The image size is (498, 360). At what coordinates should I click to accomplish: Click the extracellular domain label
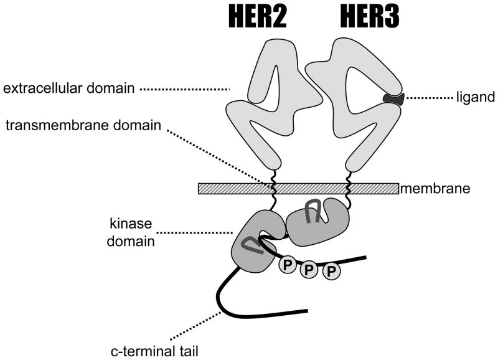click(68, 88)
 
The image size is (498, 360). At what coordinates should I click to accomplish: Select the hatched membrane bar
click(298, 188)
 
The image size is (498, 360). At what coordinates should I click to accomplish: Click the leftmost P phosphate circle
click(287, 264)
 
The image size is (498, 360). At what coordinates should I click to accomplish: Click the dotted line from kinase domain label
click(196, 234)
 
